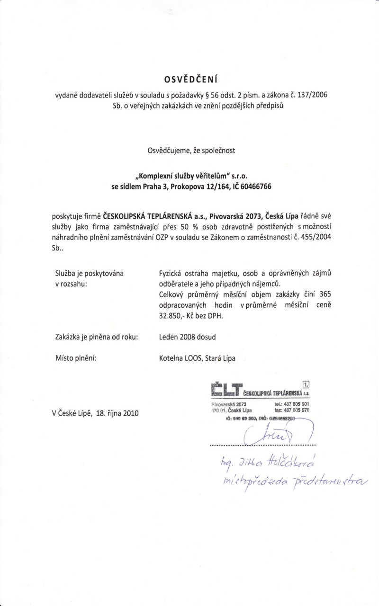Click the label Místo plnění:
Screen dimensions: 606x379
click(x=76, y=358)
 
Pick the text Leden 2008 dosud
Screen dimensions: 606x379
click(x=186, y=337)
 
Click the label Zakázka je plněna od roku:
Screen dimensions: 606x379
click(x=97, y=337)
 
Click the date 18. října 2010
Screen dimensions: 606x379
click(x=113, y=412)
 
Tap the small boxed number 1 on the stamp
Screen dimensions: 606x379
click(x=306, y=384)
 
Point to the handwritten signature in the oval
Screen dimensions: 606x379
click(x=270, y=432)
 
